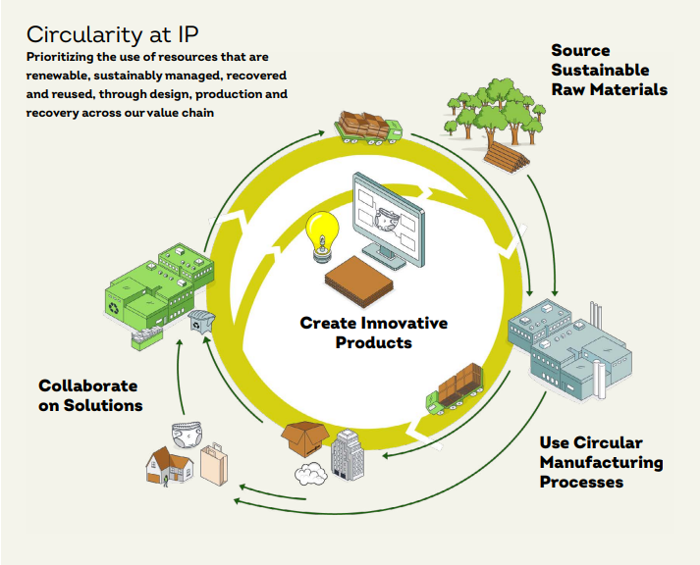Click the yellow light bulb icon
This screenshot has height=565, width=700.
[322, 234]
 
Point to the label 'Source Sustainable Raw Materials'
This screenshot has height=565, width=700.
[609, 70]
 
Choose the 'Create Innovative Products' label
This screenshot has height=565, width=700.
[373, 333]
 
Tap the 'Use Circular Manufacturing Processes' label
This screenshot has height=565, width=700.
[601, 462]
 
